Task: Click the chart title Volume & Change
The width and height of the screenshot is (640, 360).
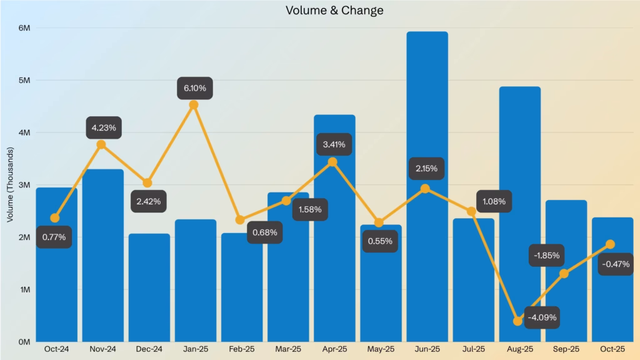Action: [x=334, y=11]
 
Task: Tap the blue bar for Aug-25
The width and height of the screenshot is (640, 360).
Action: [x=519, y=187]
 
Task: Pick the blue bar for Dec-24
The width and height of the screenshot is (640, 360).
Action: [x=149, y=287]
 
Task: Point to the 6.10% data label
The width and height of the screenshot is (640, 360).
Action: [x=194, y=88]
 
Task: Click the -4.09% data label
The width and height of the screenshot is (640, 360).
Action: [x=541, y=317]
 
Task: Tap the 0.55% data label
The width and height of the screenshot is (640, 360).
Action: [x=380, y=241]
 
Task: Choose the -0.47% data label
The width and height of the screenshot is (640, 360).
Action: [x=616, y=264]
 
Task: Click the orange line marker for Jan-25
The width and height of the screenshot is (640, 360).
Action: [x=194, y=104]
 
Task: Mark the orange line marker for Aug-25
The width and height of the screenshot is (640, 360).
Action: [x=517, y=321]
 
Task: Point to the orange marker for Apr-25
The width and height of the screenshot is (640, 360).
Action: [x=332, y=162]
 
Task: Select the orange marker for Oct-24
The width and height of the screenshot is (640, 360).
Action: [x=55, y=218]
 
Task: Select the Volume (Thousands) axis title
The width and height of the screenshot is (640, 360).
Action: [x=10, y=185]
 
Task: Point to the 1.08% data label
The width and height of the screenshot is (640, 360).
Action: [x=494, y=202]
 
